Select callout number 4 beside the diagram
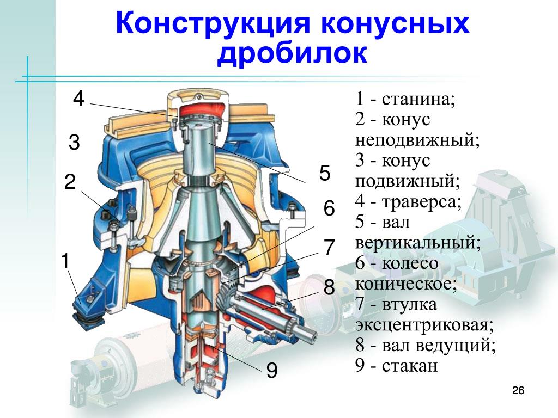click(x=78, y=99)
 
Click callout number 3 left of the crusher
click(x=74, y=143)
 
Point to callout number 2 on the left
click(x=70, y=182)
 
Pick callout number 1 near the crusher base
click(x=65, y=261)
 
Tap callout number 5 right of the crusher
click(x=325, y=174)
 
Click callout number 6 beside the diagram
click(x=329, y=208)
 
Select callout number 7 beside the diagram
click(x=329, y=248)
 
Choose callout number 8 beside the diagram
click(x=329, y=287)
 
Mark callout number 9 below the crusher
click(x=272, y=372)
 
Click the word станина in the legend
click(x=418, y=100)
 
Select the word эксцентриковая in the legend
click(x=425, y=325)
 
